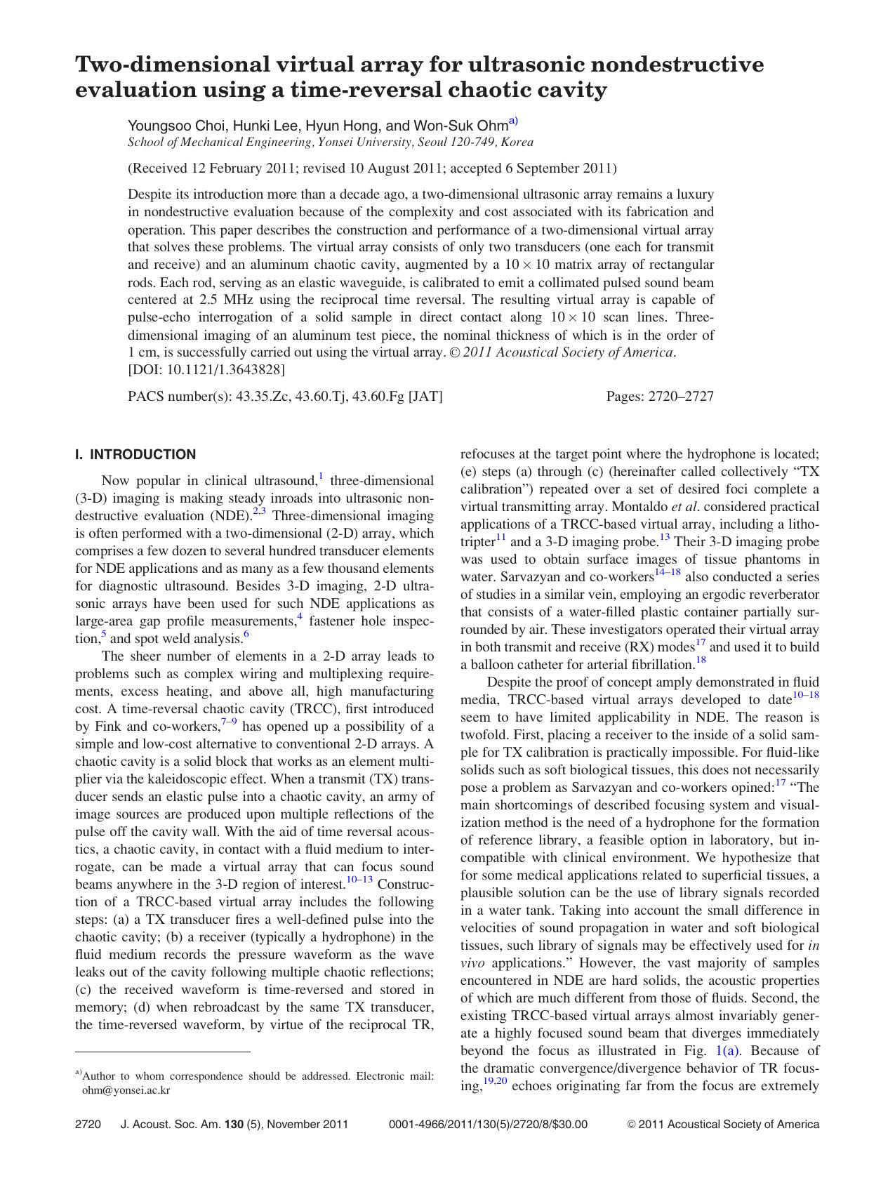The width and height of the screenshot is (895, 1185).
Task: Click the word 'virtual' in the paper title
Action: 284,65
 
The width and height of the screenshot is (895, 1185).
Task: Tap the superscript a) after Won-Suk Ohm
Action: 513,121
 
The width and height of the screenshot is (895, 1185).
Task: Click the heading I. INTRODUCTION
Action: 135,455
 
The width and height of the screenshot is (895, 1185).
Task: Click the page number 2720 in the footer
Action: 88,1125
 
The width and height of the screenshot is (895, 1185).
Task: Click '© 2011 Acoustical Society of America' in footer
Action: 722,1125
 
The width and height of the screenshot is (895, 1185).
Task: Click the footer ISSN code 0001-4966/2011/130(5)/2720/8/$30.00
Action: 487,1125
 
